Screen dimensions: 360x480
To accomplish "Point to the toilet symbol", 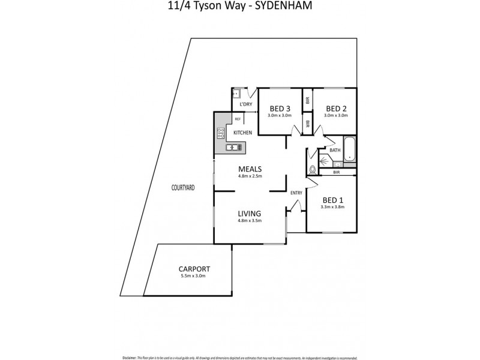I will tap(313, 169).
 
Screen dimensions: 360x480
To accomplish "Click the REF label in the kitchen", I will tap(238, 119).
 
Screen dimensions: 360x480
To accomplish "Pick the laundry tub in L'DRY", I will tap(238, 93).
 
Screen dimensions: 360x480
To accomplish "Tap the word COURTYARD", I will tap(182, 188).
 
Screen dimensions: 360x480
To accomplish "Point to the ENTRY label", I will tap(296, 193).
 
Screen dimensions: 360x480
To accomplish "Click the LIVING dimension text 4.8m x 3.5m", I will tap(250, 221).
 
